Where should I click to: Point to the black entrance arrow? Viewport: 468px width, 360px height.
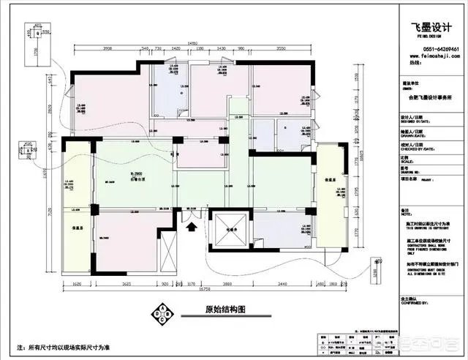tap(192, 228)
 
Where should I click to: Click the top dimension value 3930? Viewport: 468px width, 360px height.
tap(107, 48)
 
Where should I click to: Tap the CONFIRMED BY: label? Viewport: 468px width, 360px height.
tap(415, 303)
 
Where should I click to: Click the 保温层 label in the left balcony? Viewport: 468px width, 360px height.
tap(75, 228)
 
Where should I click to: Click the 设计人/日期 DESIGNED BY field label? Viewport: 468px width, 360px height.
tap(414, 119)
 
